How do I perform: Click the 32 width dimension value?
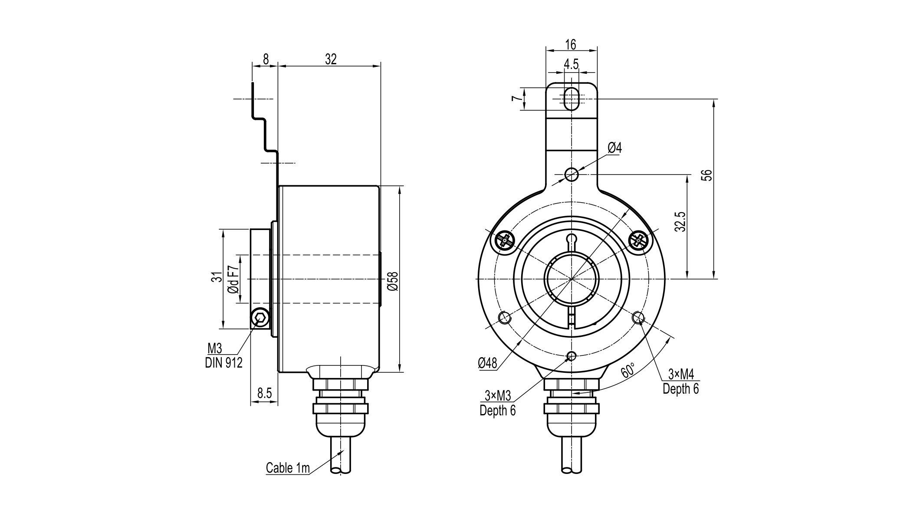click(331, 59)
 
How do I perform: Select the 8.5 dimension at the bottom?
click(264, 393)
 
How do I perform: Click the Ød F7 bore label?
click(233, 279)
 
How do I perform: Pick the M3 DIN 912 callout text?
click(223, 355)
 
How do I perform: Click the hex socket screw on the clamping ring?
click(260, 319)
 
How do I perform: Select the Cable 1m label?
click(288, 468)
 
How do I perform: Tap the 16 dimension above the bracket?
click(571, 44)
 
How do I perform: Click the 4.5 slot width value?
click(571, 64)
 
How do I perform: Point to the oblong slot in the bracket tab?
click(572, 99)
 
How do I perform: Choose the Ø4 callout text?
click(614, 148)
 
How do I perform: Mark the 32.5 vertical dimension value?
click(680, 221)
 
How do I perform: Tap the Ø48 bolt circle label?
click(487, 363)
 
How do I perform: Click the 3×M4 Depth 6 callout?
click(680, 381)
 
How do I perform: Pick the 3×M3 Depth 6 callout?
click(498, 403)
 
